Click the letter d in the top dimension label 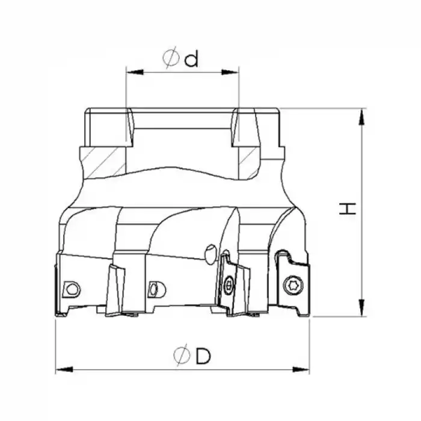tap(191, 59)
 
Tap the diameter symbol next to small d tap(171, 58)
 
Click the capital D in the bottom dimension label tap(203, 356)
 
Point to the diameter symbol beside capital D tap(181, 356)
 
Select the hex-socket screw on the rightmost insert tap(293, 285)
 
